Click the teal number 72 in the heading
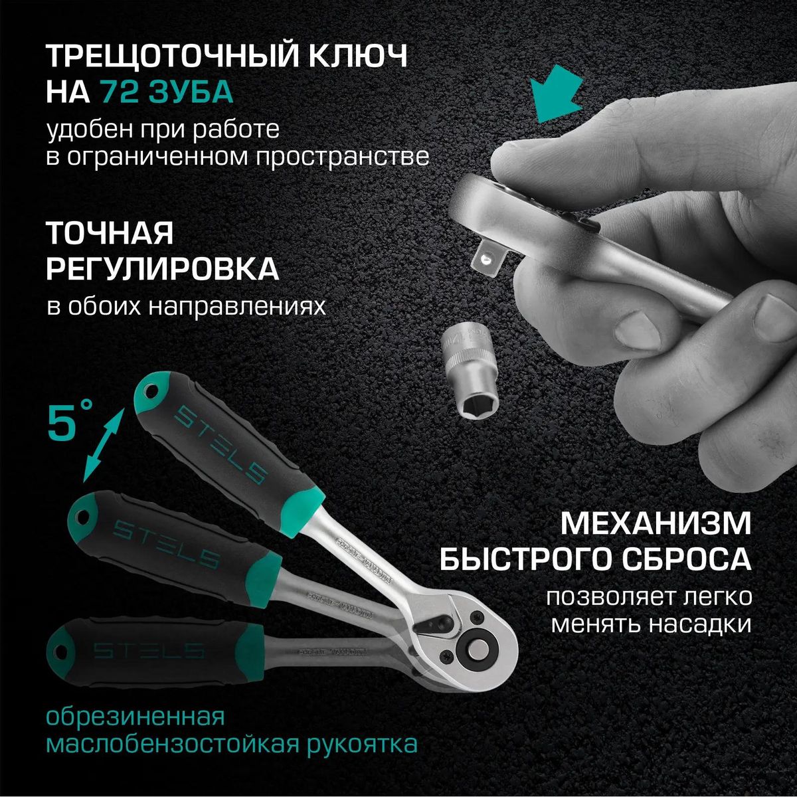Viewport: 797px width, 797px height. [120, 92]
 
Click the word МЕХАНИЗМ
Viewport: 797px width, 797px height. [656, 523]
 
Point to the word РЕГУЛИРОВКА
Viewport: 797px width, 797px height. [162, 269]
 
